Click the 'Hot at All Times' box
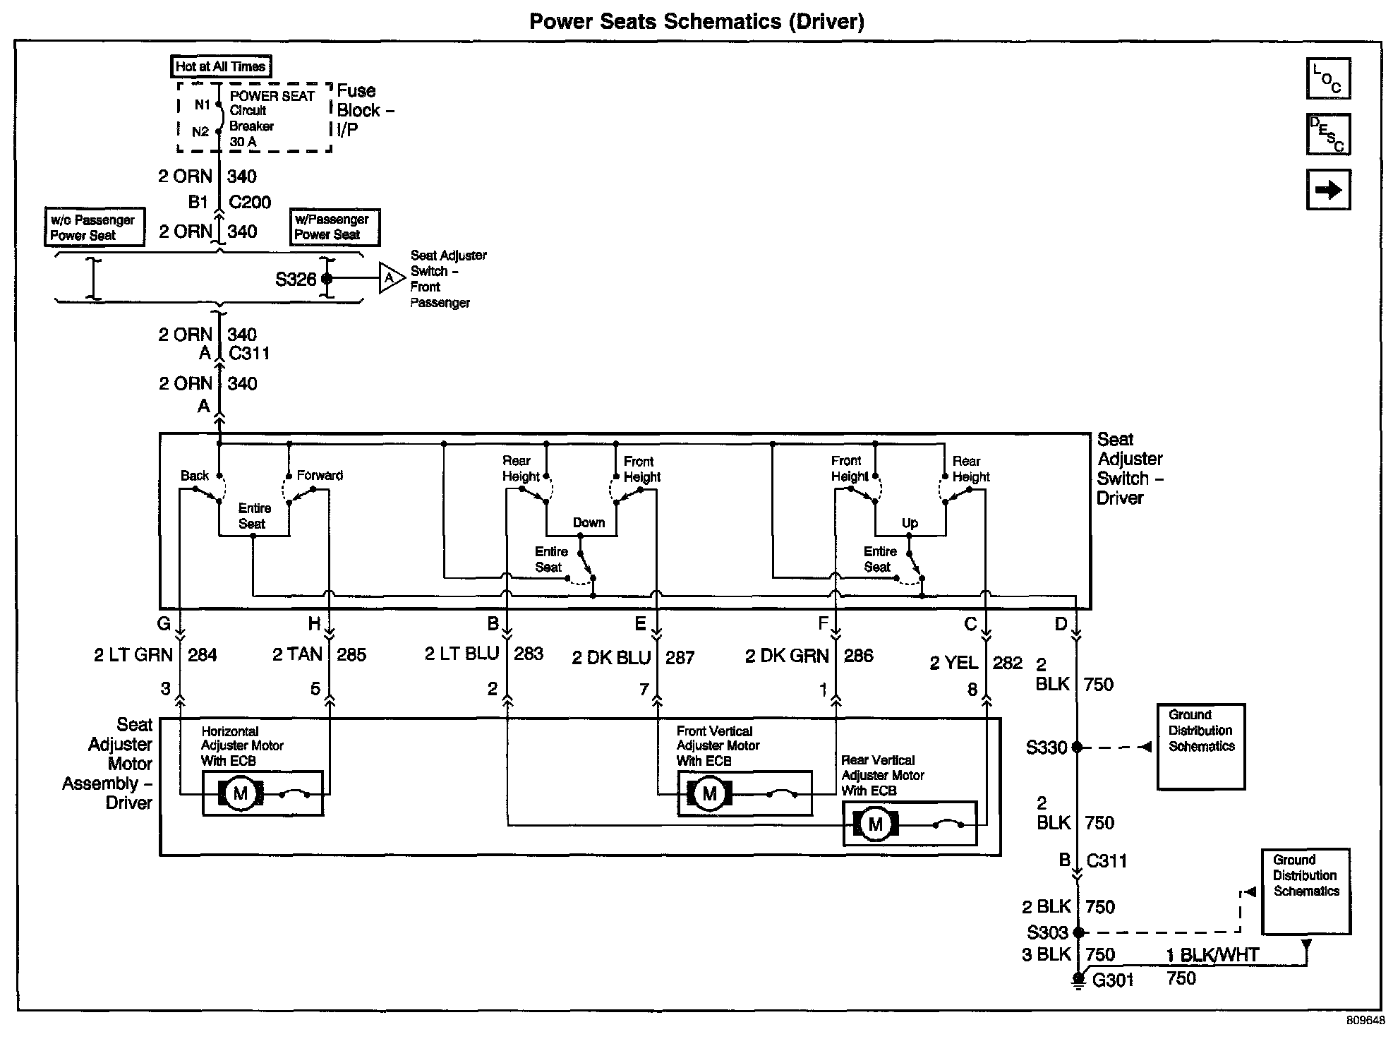221,66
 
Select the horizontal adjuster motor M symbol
241,793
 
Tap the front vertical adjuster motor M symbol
709,793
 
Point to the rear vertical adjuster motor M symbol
875,824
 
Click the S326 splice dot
327,279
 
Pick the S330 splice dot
1077,747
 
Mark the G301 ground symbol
1078,981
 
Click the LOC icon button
1328,78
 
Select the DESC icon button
1328,134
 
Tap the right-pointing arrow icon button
1328,189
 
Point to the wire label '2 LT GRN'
133,655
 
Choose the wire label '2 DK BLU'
611,658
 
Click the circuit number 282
1007,663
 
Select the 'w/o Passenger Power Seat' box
94,227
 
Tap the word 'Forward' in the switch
320,475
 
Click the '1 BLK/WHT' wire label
1212,955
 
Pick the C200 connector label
250,203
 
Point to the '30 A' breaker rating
243,142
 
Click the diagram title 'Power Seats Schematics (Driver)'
696,21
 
